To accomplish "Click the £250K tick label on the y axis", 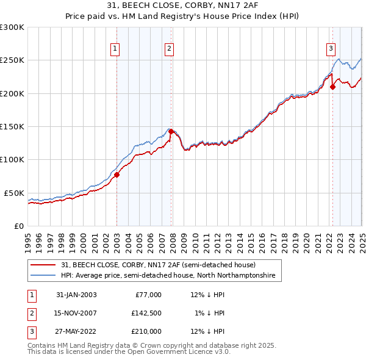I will pyautogui.click(x=12, y=60).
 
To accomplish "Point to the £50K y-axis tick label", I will pyautogui.click(x=13, y=193).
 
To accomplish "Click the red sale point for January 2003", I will pyautogui.click(x=117, y=175).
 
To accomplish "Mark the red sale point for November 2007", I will pyautogui.click(x=171, y=131).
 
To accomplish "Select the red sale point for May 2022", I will pyautogui.click(x=333, y=87).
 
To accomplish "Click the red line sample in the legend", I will pyautogui.click(x=44, y=265).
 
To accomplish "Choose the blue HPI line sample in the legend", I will pyautogui.click(x=44, y=276).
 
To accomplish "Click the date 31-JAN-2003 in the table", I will pyautogui.click(x=76, y=295).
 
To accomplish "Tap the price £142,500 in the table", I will pyautogui.click(x=146, y=313).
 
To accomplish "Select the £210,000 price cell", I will pyautogui.click(x=146, y=331).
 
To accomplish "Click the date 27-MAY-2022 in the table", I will pyautogui.click(x=76, y=331).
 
